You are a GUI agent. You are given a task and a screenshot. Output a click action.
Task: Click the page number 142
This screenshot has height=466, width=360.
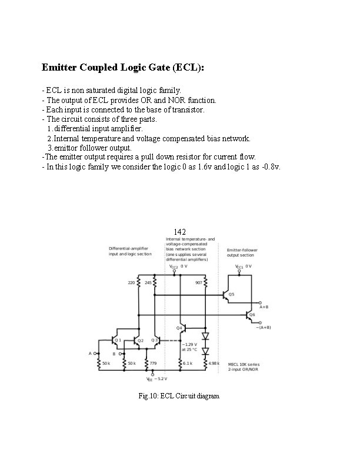tap(180, 231)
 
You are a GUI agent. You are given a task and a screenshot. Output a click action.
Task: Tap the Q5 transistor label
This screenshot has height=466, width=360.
tap(232, 294)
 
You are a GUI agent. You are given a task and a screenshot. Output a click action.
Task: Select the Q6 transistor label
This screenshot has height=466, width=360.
tap(252, 314)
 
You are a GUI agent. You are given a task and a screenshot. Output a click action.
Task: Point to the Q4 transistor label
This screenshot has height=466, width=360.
tap(179, 328)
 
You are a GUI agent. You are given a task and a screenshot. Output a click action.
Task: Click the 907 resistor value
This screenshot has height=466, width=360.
tap(198, 282)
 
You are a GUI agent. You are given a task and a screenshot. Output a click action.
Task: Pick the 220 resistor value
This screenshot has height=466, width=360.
tap(131, 282)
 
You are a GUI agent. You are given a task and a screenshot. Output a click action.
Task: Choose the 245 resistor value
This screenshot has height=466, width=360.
tap(148, 282)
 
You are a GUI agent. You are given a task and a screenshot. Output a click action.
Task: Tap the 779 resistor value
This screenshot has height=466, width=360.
tap(153, 364)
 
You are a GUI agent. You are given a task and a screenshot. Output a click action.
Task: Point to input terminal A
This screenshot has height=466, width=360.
tap(90, 353)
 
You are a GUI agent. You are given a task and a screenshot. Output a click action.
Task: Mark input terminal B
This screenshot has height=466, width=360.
tap(114, 354)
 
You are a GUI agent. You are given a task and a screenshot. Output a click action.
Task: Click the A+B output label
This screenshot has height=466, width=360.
tap(264, 307)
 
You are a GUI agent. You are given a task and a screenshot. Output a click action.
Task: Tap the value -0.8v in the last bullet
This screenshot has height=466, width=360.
tap(271, 167)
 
